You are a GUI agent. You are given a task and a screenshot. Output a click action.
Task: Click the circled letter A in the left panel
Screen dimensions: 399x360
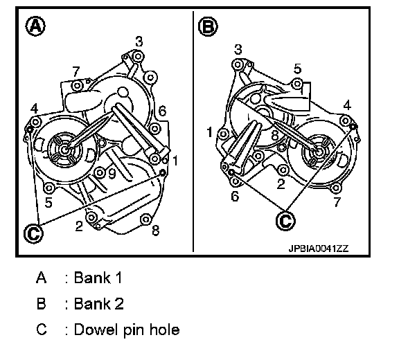click(35, 26)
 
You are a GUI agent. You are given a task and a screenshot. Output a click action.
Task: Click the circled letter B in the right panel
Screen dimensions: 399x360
click(208, 26)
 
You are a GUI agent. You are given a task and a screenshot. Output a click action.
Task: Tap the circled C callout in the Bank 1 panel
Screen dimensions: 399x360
click(33, 233)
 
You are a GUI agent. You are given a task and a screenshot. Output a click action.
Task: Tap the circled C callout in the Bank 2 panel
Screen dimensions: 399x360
click(285, 221)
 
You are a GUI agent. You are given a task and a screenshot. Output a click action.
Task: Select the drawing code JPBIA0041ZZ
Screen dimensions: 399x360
click(319, 249)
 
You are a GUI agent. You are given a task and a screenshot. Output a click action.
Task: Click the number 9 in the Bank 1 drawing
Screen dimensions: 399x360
click(112, 173)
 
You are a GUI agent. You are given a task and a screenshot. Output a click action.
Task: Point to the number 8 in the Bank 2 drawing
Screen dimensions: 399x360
click(275, 135)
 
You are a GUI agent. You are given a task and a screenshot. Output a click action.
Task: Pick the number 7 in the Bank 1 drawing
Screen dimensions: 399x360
click(76, 72)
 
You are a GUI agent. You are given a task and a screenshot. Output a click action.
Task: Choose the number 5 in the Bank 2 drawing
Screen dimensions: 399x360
click(297, 69)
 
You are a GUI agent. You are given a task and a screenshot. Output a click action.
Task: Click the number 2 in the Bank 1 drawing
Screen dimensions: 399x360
click(79, 226)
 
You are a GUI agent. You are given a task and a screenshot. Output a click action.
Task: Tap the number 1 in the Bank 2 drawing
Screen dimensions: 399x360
click(209, 132)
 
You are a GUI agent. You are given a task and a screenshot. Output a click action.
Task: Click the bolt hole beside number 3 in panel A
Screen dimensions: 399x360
click(138, 55)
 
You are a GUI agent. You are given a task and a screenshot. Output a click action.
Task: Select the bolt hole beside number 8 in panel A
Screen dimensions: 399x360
click(145, 219)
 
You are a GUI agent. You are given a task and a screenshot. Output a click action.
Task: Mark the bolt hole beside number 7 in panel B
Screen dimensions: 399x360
click(336, 188)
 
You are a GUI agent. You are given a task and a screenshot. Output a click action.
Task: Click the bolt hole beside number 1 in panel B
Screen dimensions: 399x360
click(223, 134)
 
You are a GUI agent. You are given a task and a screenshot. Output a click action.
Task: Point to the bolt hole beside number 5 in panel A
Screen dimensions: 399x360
click(48, 188)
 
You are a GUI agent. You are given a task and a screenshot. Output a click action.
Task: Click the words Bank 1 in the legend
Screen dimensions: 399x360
click(98, 278)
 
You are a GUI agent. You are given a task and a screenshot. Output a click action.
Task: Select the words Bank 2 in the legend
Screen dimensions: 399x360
click(99, 303)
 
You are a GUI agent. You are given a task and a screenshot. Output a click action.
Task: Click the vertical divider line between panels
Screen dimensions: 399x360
click(193, 132)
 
